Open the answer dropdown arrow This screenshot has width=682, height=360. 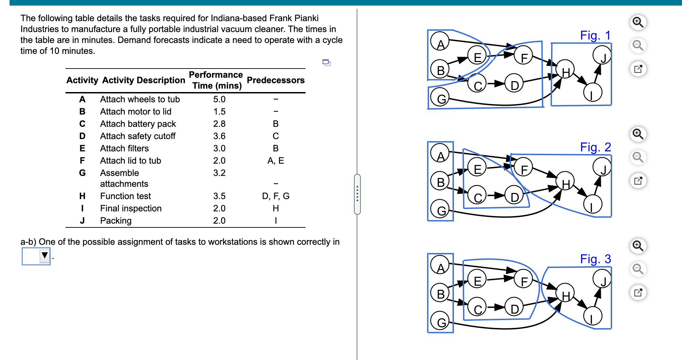click(45, 256)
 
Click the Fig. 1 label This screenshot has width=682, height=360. click(595, 35)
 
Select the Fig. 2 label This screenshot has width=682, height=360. click(595, 147)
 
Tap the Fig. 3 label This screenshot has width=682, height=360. click(595, 259)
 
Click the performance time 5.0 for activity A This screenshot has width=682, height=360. click(219, 99)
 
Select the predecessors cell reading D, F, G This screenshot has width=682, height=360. click(276, 196)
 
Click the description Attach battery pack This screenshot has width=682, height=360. click(138, 124)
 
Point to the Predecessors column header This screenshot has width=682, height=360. click(276, 80)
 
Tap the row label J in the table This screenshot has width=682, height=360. click(82, 221)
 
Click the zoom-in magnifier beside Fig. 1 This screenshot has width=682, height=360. click(638, 22)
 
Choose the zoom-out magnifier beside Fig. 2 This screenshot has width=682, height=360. click(638, 157)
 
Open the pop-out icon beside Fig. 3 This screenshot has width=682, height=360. click(638, 292)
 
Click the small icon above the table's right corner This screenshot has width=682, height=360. click(326, 62)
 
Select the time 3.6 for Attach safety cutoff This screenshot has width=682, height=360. click(219, 136)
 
